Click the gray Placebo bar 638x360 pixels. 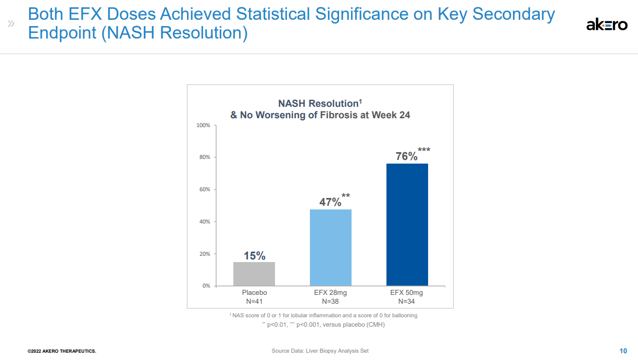click(x=254, y=274)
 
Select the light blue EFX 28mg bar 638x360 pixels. click(x=331, y=247)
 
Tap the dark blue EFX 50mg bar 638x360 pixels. click(x=407, y=225)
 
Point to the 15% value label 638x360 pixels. click(x=255, y=256)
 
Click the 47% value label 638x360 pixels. click(x=330, y=202)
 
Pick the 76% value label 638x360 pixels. click(x=406, y=156)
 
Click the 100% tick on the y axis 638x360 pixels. click(x=203, y=126)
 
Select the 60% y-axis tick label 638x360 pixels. click(x=204, y=190)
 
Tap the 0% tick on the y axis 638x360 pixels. click(x=206, y=286)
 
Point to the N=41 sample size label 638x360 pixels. click(x=254, y=301)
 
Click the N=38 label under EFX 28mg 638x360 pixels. click(x=331, y=301)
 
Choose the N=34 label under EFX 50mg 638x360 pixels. click(x=407, y=301)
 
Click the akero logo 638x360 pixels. click(x=607, y=24)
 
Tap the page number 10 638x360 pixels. click(x=623, y=351)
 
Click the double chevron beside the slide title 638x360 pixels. click(x=11, y=24)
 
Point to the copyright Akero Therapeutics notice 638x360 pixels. click(x=62, y=351)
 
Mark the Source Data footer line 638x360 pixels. click(x=320, y=351)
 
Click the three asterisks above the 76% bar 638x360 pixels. click(x=424, y=150)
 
